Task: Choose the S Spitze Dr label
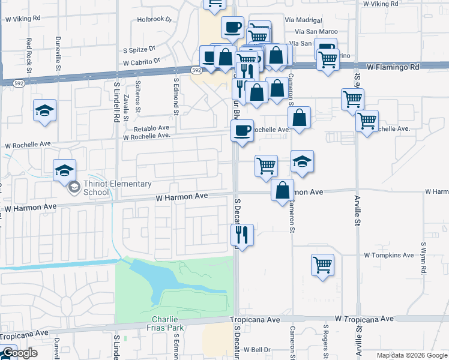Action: [x=139, y=50]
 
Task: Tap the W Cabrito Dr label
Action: [x=142, y=61]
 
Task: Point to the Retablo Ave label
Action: [x=151, y=128]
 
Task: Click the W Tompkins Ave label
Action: [x=389, y=255]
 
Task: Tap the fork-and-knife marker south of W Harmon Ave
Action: [x=243, y=234]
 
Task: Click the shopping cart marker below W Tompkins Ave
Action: [x=323, y=264]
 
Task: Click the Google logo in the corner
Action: [x=19, y=353]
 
